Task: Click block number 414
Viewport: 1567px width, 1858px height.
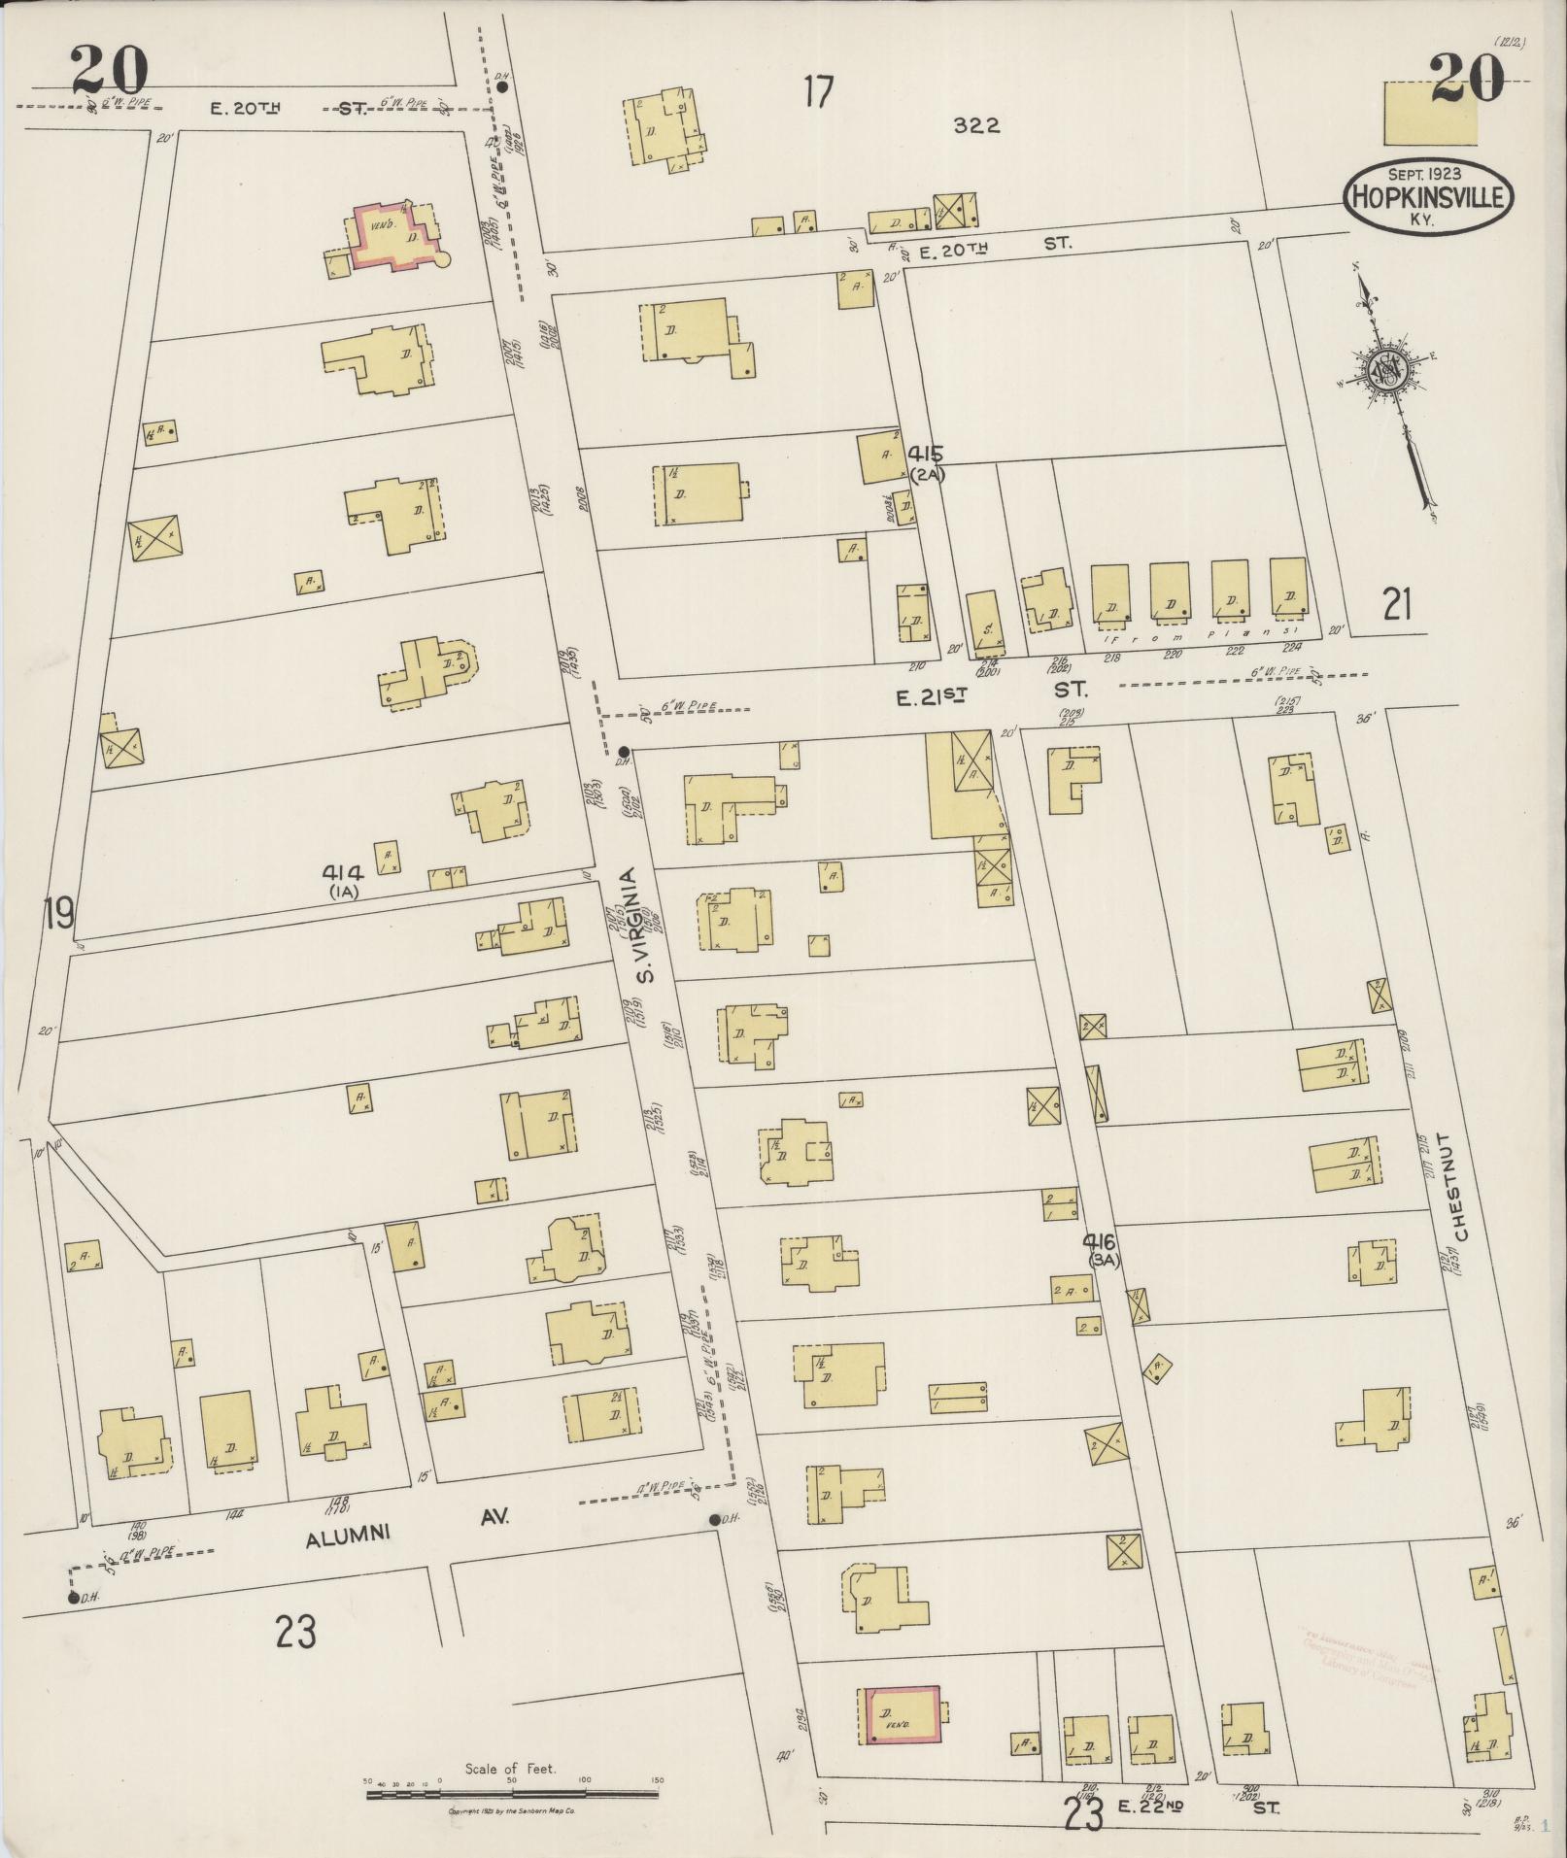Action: coord(343,873)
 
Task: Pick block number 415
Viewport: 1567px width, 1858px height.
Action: coord(927,454)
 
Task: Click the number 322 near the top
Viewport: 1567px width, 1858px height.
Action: coord(976,125)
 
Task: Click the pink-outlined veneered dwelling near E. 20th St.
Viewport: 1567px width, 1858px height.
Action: coord(396,237)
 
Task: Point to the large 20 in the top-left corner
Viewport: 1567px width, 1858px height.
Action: coord(109,73)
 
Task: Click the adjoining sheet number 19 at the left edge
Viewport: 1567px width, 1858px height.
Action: coord(58,913)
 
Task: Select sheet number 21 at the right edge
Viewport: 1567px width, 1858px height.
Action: coord(1397,605)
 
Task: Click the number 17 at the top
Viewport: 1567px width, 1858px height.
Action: coord(818,92)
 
